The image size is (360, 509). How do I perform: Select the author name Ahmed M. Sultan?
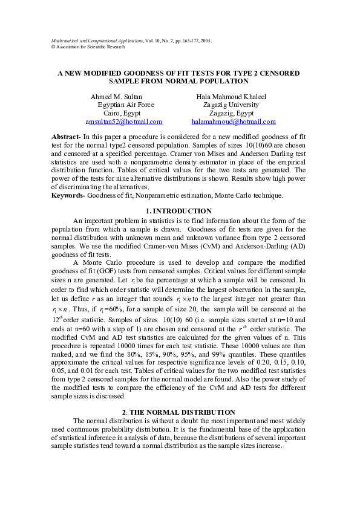(117, 97)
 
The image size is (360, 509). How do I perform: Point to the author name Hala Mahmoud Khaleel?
(231, 97)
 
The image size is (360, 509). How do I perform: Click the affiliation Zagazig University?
(231, 105)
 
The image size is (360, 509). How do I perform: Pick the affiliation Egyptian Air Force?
(126, 105)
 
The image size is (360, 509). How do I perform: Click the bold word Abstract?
(65, 138)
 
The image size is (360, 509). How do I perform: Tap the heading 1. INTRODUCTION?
(179, 211)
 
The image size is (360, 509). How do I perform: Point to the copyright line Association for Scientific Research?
(90, 47)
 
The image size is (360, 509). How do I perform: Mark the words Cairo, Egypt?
(122, 113)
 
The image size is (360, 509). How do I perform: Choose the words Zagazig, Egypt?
(231, 113)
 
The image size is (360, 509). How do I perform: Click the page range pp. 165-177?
(181, 41)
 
